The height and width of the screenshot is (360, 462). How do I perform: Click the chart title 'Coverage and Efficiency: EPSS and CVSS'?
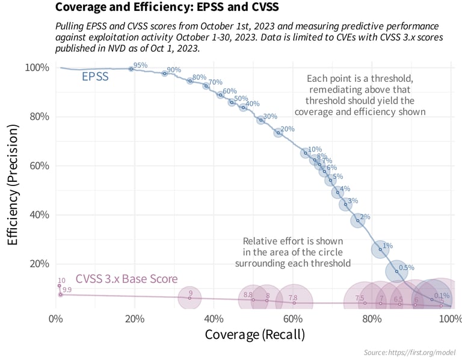[167, 8]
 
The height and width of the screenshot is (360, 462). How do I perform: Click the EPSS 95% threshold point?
[131, 69]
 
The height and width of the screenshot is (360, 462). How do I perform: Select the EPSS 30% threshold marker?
[261, 120]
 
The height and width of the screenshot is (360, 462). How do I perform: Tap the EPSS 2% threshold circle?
[358, 220]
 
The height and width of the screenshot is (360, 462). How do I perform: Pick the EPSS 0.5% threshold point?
[397, 272]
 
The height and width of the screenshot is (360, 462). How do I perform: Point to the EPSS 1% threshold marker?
[380, 249]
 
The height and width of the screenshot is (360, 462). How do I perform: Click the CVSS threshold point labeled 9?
[189, 297]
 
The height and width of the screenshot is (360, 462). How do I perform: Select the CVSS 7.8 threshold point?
[294, 302]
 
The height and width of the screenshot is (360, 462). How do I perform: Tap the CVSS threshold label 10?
[61, 281]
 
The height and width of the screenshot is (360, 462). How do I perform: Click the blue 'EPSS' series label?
[95, 77]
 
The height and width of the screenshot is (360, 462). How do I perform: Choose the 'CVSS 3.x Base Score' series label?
[126, 279]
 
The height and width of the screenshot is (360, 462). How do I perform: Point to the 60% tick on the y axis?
[37, 166]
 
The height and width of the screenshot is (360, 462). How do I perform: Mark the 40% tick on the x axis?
[214, 318]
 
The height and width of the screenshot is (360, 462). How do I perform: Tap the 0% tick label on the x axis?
[56, 318]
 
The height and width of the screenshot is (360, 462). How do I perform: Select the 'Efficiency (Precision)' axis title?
[13, 184]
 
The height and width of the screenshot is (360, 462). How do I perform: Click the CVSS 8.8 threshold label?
[248, 295]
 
